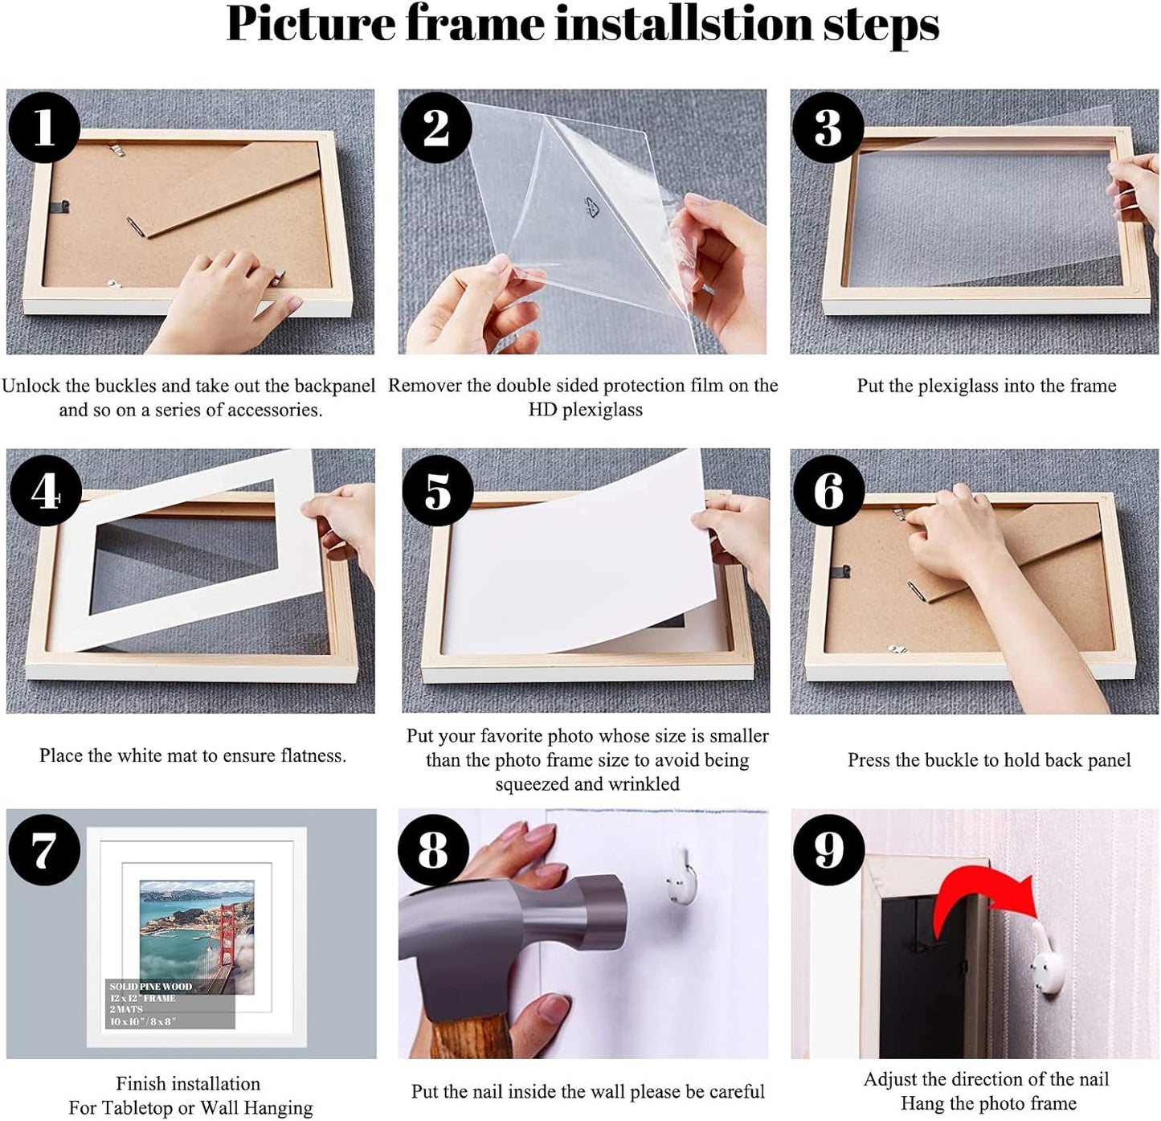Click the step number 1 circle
click(44, 127)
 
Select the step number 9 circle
click(828, 849)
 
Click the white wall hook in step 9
click(1049, 964)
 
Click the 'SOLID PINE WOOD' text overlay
click(151, 986)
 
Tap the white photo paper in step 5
click(578, 563)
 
